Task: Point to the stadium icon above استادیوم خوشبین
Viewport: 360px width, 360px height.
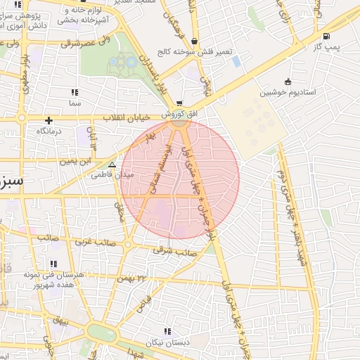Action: click(287, 82)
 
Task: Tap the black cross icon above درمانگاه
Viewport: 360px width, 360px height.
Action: click(49, 120)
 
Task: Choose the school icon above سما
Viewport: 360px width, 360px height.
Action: click(75, 92)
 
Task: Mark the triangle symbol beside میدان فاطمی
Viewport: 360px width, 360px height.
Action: click(111, 165)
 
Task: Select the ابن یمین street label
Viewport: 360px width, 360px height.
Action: click(76, 161)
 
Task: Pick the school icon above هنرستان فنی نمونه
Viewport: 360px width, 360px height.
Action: click(54, 264)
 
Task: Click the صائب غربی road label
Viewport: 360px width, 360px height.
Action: click(94, 241)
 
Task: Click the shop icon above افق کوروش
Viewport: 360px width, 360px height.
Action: click(179, 103)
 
